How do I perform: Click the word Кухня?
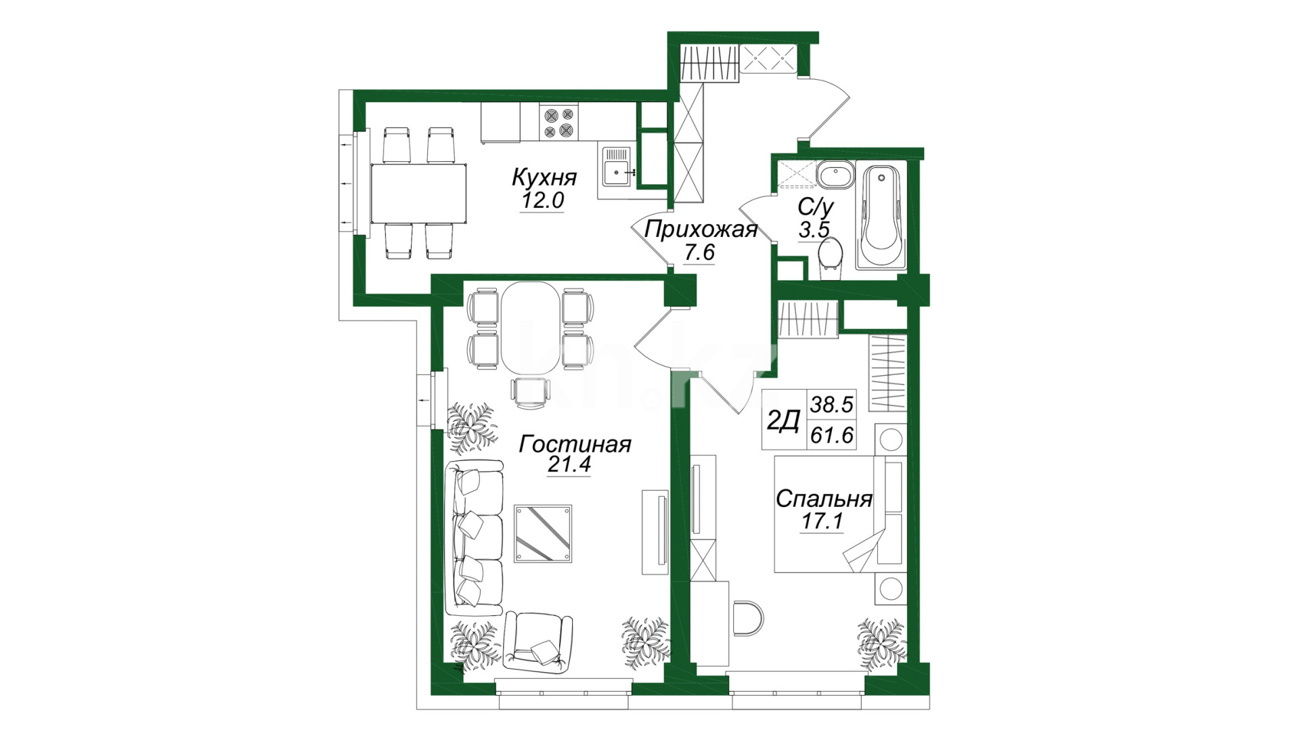[x=544, y=178]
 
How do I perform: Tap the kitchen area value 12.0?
[x=542, y=200]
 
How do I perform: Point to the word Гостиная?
[x=575, y=444]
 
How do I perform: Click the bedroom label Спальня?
[x=824, y=500]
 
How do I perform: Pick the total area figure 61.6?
[x=832, y=435]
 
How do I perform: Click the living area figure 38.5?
[x=832, y=405]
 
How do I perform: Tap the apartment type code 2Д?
[x=784, y=421]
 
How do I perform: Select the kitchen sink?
[x=617, y=167]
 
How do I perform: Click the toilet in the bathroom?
[x=830, y=257]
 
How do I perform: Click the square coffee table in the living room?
[x=543, y=533]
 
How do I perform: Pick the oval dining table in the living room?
[x=531, y=328]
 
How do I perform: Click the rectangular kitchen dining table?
[x=418, y=194]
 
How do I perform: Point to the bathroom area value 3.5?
[x=814, y=229]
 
